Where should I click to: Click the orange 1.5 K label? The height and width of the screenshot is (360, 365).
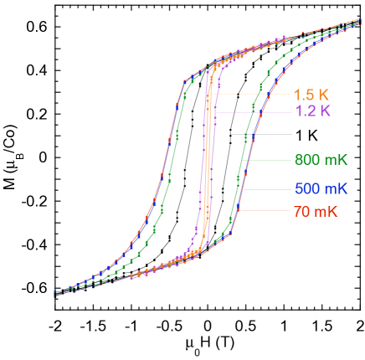point(311,94)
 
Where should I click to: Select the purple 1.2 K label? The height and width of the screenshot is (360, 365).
point(312,111)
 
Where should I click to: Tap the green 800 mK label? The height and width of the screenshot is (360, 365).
point(321,160)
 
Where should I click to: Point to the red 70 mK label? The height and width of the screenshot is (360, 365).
point(315,212)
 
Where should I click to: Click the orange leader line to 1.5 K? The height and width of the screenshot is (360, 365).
point(251,93)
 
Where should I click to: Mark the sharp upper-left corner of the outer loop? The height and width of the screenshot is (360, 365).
point(184,80)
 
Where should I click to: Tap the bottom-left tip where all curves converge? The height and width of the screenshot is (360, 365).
point(55,293)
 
